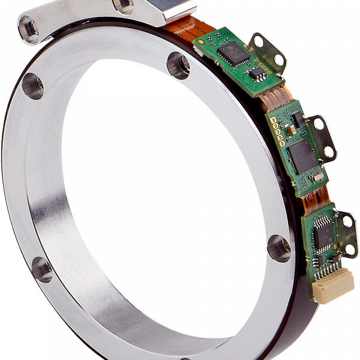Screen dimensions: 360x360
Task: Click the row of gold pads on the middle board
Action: (x=277, y=132)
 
